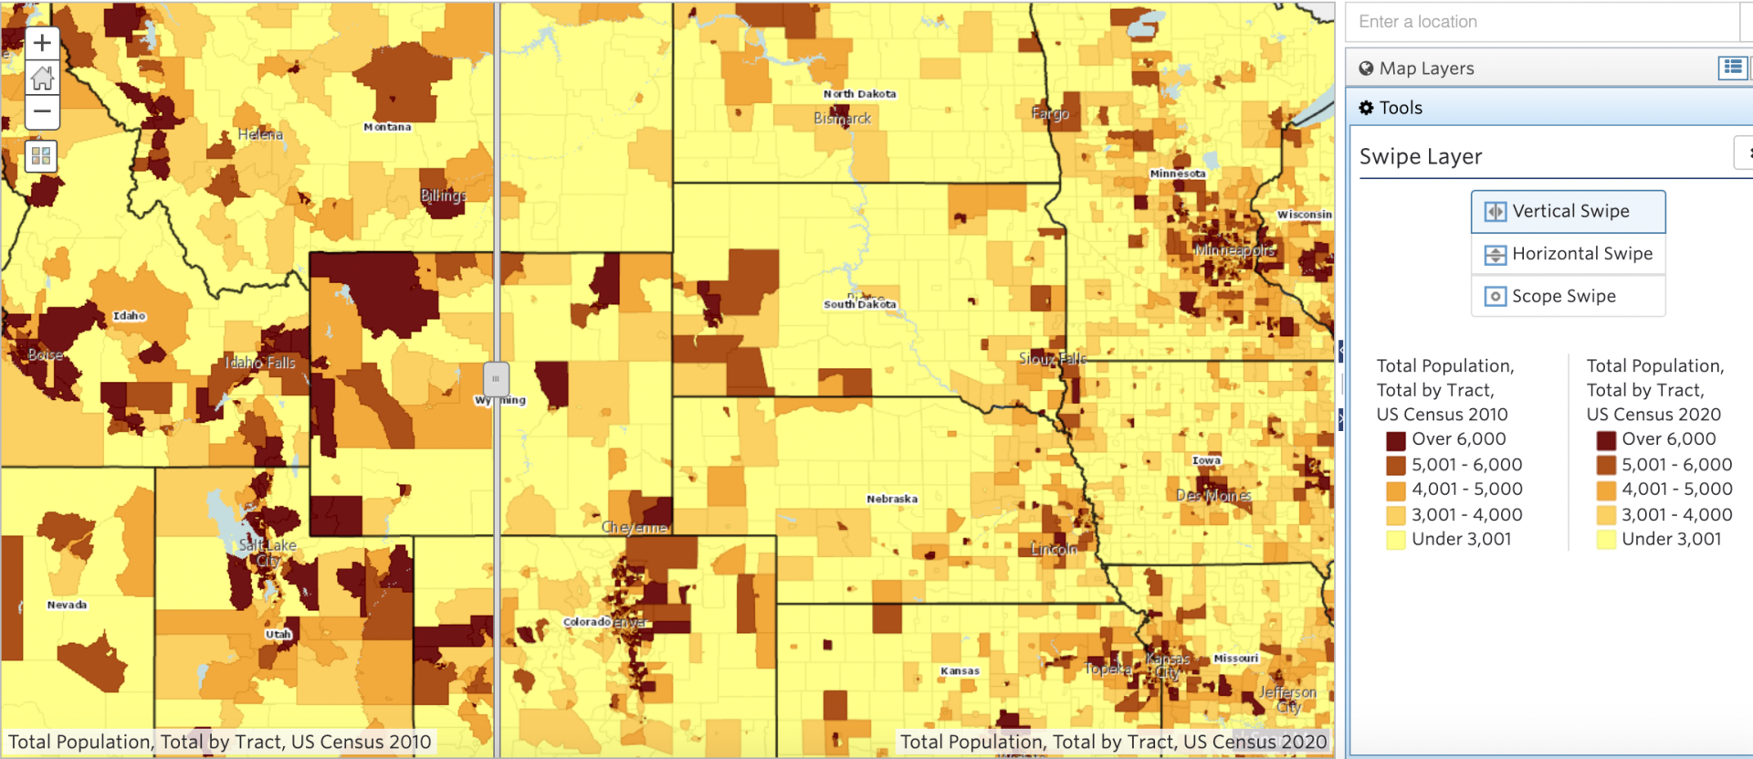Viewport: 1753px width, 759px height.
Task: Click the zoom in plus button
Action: click(x=42, y=43)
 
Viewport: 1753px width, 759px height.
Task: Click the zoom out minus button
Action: click(x=42, y=111)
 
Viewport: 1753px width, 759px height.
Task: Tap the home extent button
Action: click(x=42, y=78)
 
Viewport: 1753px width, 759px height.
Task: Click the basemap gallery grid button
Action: click(x=41, y=156)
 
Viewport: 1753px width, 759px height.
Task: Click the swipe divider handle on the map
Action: click(x=496, y=378)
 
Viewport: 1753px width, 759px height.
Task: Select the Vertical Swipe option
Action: click(x=1568, y=212)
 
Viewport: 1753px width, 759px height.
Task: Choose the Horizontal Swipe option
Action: click(x=1568, y=254)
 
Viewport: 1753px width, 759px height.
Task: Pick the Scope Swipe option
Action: click(x=1568, y=296)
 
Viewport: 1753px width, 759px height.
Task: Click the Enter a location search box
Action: click(x=1543, y=22)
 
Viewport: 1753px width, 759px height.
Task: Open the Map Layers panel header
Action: click(x=1426, y=69)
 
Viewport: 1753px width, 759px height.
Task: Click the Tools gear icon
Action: click(x=1366, y=108)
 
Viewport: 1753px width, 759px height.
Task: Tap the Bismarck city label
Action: click(x=842, y=119)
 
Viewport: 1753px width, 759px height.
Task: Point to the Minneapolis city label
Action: click(x=1234, y=250)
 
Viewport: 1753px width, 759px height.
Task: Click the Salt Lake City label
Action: click(x=268, y=553)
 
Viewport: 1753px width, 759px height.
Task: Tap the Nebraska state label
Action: click(x=892, y=499)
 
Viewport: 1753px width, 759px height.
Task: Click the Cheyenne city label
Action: click(x=634, y=528)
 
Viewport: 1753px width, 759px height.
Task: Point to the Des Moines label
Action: click(x=1213, y=495)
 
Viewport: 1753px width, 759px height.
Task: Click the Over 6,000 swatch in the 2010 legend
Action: click(x=1395, y=440)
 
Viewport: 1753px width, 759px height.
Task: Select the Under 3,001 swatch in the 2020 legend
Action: click(x=1606, y=540)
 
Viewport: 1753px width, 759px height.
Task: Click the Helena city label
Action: click(x=260, y=135)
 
